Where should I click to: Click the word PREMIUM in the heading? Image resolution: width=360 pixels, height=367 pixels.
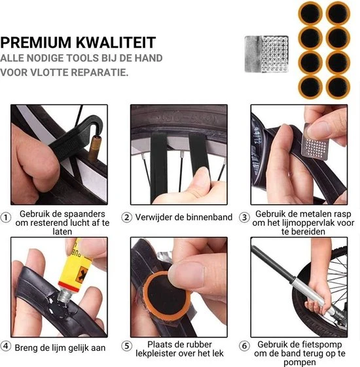click(x=35, y=43)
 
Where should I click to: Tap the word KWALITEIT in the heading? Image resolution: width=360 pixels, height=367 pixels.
click(x=116, y=43)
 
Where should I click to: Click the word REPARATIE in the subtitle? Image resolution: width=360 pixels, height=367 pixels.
click(x=99, y=73)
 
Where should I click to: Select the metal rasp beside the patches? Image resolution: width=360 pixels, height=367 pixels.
click(x=266, y=54)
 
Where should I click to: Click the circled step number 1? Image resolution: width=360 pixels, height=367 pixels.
click(x=6, y=217)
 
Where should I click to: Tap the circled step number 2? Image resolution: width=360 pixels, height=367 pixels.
click(x=127, y=217)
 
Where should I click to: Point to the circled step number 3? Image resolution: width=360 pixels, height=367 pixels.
click(x=244, y=217)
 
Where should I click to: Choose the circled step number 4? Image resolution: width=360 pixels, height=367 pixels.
click(x=6, y=346)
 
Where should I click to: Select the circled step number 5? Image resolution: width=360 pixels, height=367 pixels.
click(x=127, y=346)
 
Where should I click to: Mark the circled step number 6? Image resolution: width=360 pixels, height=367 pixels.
click(x=244, y=346)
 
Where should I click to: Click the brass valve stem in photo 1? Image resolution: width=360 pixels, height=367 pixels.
click(x=95, y=149)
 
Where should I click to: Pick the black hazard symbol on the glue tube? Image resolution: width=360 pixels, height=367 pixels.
click(x=82, y=275)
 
